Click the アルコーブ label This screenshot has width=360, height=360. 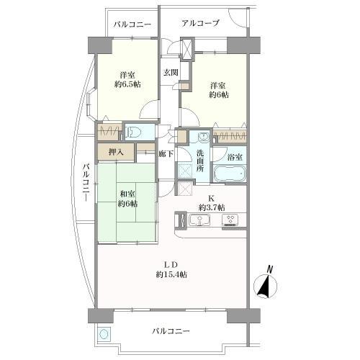click(200, 24)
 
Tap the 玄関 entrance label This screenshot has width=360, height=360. click(170, 72)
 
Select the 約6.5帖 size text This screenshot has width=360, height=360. click(128, 85)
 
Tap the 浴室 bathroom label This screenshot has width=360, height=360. click(234, 156)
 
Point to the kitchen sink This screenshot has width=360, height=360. click(201, 220)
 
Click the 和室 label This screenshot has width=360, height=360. click(128, 192)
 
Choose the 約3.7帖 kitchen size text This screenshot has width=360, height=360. click(211, 207)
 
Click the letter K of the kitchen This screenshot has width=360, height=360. click(211, 197)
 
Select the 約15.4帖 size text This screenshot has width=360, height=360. click(170, 274)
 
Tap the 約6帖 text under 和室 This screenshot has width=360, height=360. click(128, 203)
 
